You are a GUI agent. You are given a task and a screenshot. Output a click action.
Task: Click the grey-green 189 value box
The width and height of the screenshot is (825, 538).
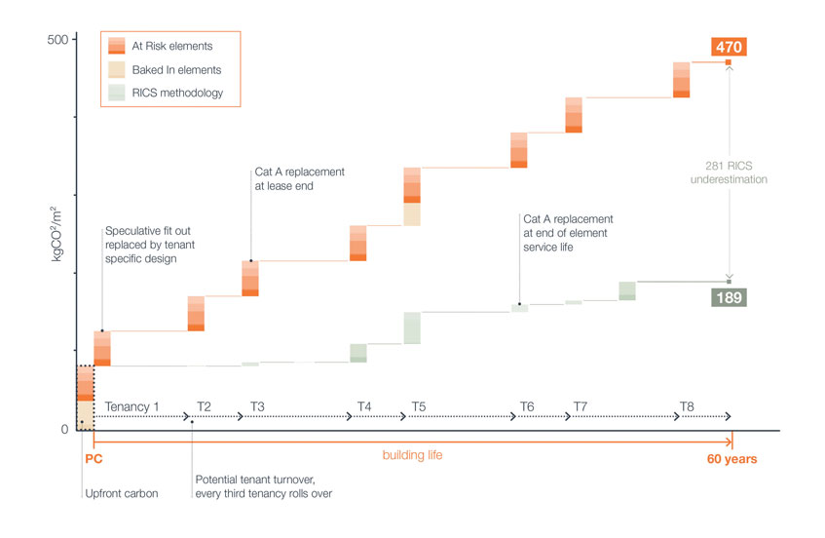coord(729,296)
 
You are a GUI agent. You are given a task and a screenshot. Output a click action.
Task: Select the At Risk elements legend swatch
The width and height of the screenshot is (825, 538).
coord(116,45)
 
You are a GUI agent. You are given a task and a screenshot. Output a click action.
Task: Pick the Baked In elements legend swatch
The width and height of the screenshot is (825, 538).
coord(116,69)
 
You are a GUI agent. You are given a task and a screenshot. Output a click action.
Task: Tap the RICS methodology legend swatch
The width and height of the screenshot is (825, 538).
coord(116,93)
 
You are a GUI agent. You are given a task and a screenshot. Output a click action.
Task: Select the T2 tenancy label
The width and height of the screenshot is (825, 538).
coord(205,405)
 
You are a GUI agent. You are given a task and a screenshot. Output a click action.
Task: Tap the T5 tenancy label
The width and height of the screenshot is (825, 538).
coord(418,405)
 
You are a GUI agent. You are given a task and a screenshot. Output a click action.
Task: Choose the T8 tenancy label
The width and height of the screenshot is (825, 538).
coord(688,405)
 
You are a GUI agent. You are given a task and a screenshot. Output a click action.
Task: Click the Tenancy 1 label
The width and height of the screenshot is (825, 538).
coord(131,405)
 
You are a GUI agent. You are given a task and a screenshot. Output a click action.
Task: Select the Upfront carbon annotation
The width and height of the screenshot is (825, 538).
coord(121,492)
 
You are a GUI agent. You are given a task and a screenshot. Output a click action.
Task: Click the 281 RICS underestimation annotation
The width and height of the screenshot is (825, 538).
coord(729,173)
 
